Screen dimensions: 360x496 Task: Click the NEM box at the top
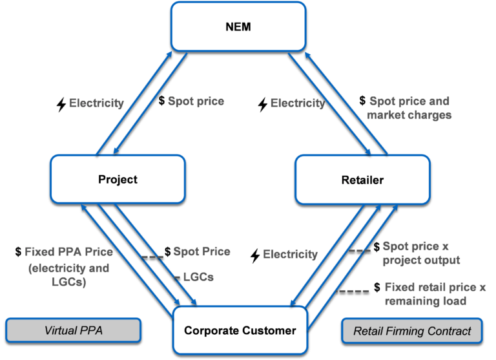[238, 27]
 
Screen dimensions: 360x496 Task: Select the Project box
[118, 179]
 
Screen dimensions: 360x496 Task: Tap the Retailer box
[362, 180]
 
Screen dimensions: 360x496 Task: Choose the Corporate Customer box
[240, 330]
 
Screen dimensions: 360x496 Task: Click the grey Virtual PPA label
[73, 330]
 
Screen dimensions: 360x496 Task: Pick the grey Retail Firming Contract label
[412, 332]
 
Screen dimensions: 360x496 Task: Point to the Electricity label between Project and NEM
[96, 103]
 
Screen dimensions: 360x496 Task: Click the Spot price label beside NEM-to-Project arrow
[196, 101]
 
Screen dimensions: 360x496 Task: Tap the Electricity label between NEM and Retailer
[297, 103]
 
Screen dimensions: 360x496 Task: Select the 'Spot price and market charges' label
[409, 108]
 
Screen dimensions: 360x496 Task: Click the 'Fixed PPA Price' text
[68, 252]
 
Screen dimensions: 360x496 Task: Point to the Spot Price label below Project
[201, 251]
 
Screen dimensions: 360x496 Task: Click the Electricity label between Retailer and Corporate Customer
[290, 255]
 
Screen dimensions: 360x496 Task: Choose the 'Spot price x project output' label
[421, 253]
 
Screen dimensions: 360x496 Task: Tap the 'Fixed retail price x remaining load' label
[435, 293]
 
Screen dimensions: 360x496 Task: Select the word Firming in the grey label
[408, 332]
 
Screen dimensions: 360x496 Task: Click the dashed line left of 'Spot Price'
[152, 257]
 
